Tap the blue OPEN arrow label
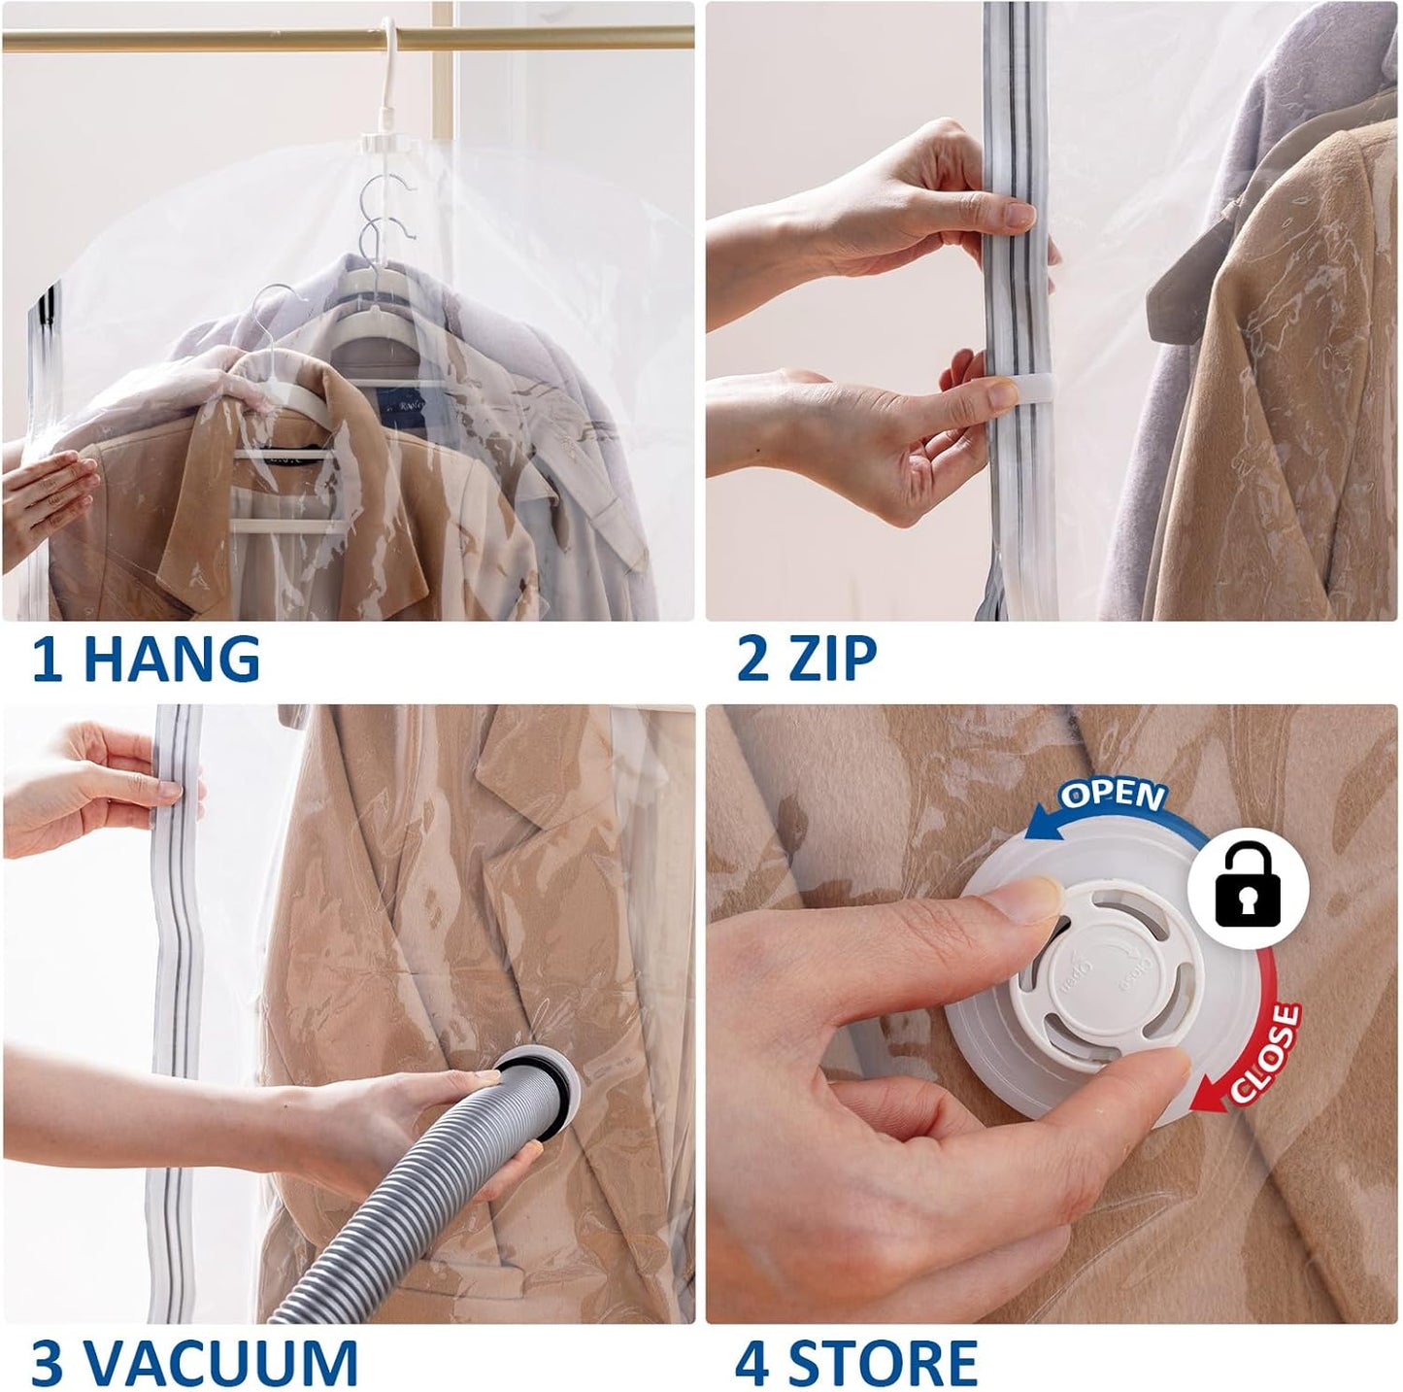[x=1112, y=797]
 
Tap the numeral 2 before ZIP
[x=753, y=659]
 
